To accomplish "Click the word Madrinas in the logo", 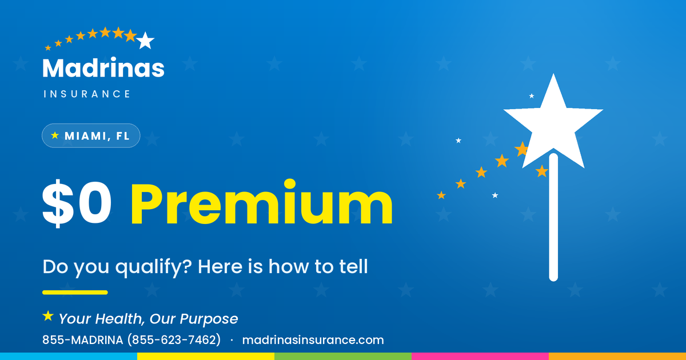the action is (x=103, y=67).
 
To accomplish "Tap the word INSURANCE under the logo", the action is (x=87, y=94).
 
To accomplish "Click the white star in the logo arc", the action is (x=145, y=41).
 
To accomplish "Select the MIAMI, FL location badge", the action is (x=91, y=135).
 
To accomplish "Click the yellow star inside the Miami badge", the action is (x=55, y=135).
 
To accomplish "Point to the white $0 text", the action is (x=77, y=203).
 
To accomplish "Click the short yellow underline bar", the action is (x=75, y=293).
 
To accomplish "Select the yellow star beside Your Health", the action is (x=48, y=316).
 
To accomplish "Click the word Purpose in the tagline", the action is (x=209, y=319).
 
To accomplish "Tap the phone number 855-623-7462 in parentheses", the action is (x=174, y=340).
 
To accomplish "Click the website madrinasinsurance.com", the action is (x=313, y=340).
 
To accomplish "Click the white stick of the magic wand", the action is (x=553, y=217).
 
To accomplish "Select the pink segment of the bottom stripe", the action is (x=480, y=357).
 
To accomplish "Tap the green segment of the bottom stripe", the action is (x=343, y=357).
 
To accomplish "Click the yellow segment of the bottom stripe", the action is (x=206, y=357).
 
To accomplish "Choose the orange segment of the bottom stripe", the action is (x=617, y=357).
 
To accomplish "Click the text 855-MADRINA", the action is (x=83, y=340).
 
